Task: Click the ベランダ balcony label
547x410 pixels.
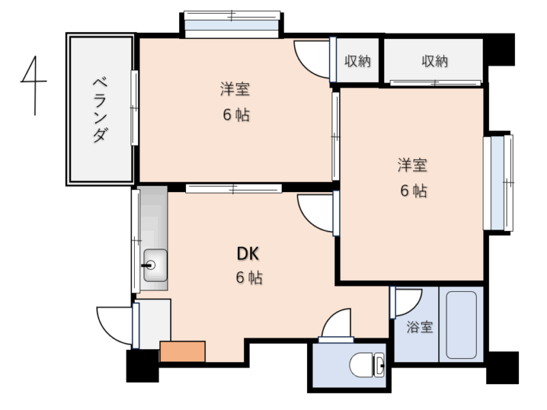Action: (x=100, y=110)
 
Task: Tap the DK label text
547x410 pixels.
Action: (x=248, y=254)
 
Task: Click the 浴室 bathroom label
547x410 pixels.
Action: (x=420, y=327)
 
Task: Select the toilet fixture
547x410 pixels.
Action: (x=367, y=365)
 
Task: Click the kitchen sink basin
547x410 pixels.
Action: (x=155, y=265)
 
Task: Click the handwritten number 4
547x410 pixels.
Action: (x=34, y=85)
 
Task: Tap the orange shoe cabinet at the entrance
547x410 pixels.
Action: (x=183, y=351)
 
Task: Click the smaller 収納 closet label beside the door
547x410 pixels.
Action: (x=357, y=61)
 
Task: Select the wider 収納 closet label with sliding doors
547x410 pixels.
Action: (x=434, y=61)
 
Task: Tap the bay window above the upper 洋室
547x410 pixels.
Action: (x=232, y=25)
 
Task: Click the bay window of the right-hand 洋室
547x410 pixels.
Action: (x=498, y=182)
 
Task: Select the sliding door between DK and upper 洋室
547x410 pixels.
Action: (x=234, y=189)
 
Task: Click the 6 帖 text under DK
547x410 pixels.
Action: (x=249, y=278)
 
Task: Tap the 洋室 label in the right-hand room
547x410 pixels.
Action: (x=412, y=165)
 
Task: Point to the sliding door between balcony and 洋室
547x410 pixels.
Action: (x=134, y=108)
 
